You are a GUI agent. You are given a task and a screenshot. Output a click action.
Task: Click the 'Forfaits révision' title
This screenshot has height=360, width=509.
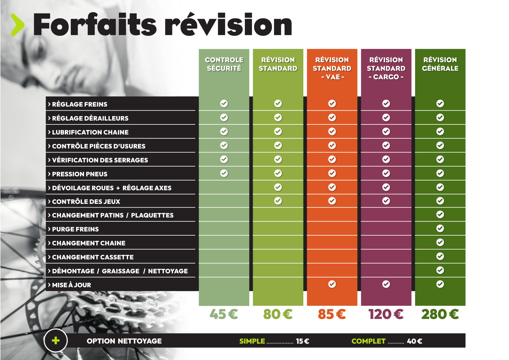[162, 25]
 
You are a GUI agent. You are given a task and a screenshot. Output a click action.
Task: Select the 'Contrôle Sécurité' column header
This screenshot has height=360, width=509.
[224, 64]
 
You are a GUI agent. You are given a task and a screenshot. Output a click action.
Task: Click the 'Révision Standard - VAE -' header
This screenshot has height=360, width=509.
[332, 68]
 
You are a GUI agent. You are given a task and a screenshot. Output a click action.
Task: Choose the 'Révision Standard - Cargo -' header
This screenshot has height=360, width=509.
[386, 68]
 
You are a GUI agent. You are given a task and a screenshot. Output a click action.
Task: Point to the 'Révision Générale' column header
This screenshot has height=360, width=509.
[440, 64]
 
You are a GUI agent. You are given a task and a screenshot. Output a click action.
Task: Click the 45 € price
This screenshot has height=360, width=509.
[224, 314]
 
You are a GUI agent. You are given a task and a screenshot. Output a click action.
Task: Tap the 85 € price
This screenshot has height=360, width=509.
[332, 314]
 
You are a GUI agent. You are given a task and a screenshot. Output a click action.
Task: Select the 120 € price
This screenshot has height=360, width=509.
[386, 314]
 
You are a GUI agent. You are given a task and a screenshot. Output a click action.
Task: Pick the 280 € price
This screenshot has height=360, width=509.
[440, 314]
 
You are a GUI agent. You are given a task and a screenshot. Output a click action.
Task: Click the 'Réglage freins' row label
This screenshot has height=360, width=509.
[79, 104]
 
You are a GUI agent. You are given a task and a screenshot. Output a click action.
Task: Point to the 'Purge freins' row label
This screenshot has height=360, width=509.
[75, 229]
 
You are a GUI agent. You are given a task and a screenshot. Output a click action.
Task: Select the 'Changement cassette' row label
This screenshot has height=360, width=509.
[92, 257]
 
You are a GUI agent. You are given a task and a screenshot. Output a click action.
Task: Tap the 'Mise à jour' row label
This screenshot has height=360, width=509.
[71, 285]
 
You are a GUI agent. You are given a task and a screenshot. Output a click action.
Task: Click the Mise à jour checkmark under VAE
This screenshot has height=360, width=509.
[332, 284]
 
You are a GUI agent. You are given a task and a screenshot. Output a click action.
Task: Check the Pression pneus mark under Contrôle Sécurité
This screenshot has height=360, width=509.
[224, 173]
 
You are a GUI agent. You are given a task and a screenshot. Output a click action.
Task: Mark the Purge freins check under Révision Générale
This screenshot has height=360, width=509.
[440, 229]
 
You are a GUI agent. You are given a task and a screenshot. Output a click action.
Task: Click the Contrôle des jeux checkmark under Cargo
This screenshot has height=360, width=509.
[386, 201]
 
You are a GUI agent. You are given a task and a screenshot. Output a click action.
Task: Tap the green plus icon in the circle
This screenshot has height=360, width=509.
[56, 341]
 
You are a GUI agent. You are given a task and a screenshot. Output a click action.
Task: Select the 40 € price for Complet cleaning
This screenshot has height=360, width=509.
[414, 341]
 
